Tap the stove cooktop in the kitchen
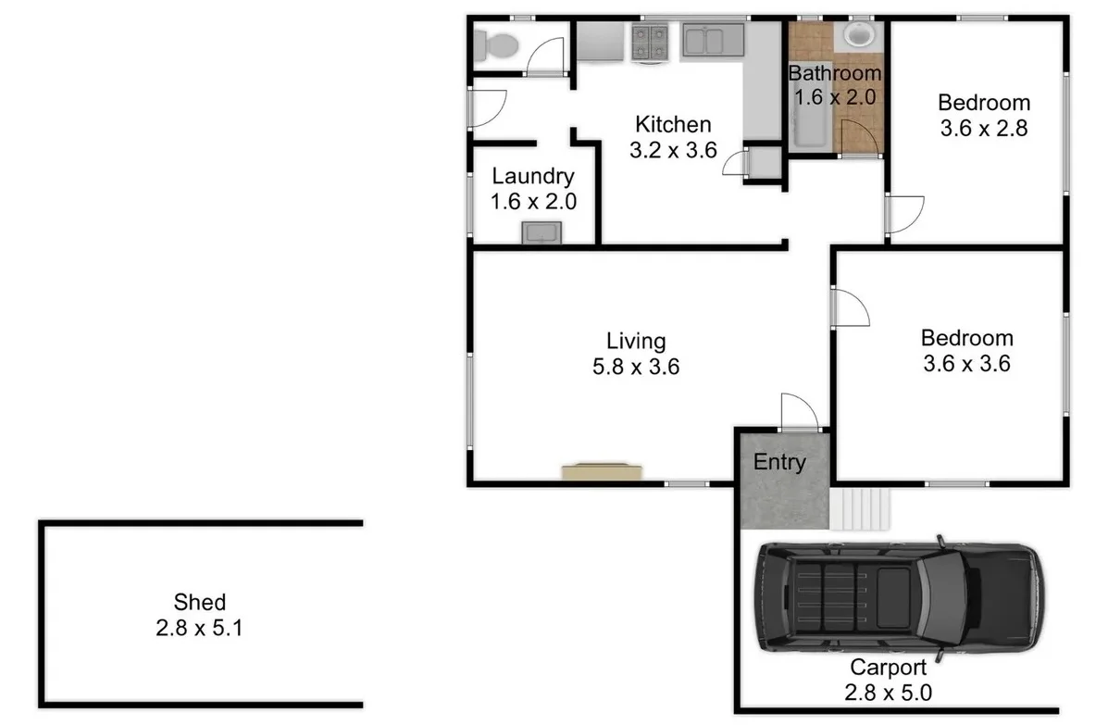click(650, 42)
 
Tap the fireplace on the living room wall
click(602, 472)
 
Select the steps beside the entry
click(861, 509)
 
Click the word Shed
click(200, 603)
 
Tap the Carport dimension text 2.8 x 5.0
click(887, 692)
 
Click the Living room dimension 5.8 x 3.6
click(636, 367)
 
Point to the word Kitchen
click(673, 124)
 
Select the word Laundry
click(533, 176)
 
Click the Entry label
click(779, 462)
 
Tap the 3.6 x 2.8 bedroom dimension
click(984, 128)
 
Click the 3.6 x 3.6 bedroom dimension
click(966, 363)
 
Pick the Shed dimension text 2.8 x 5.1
click(200, 628)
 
